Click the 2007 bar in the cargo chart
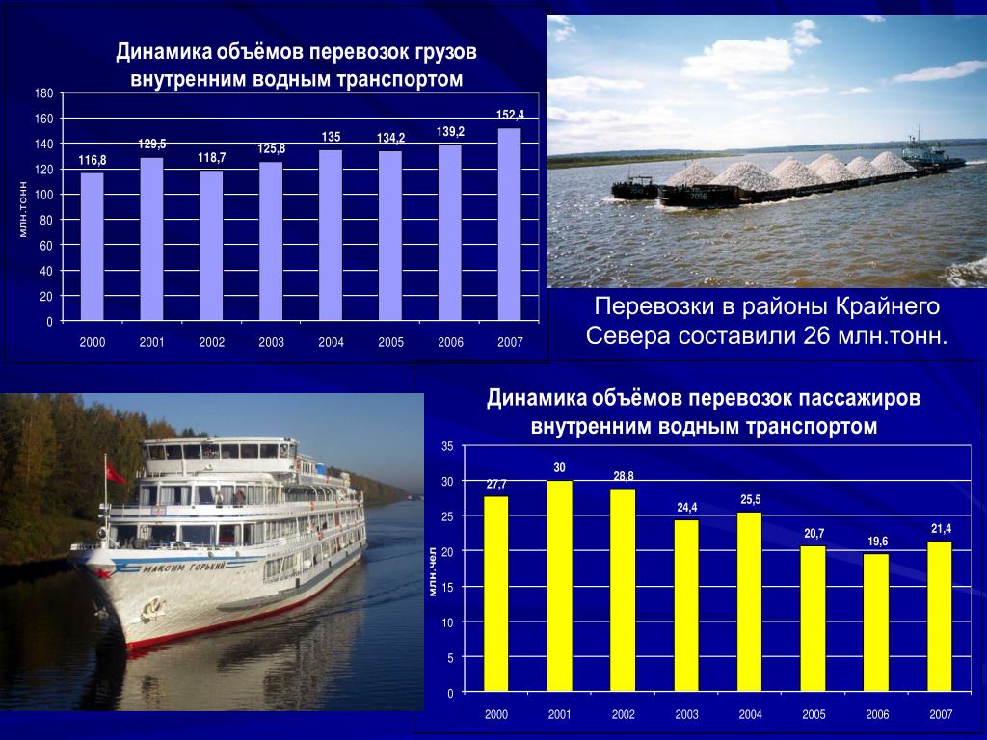tap(509, 225)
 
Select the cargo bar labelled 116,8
tap(92, 247)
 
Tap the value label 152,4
tap(510, 115)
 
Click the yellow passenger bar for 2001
tap(560, 586)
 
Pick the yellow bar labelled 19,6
tap(876, 623)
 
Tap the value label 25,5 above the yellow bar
tap(750, 500)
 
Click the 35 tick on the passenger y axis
tap(447, 447)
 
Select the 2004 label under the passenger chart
tap(750, 714)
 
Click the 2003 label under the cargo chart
tap(271, 342)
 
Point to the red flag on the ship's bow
tap(116, 473)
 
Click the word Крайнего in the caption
tap(887, 306)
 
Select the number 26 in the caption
tap(817, 336)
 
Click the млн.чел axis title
tap(433, 571)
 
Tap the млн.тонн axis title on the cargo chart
tap(23, 209)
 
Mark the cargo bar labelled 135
tap(331, 235)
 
